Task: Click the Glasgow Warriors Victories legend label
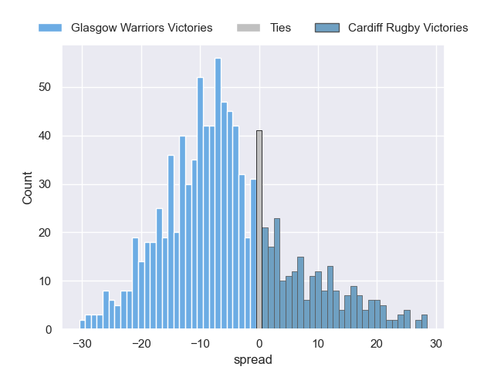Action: tap(141, 28)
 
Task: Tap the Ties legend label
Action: tap(281, 28)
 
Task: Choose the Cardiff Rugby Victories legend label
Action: tap(408, 28)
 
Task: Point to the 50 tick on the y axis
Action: tap(46, 88)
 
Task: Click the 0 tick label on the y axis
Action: tap(49, 330)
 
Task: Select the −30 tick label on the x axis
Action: tap(82, 345)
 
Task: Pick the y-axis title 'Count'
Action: tap(28, 188)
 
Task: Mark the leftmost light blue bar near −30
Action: tap(82, 325)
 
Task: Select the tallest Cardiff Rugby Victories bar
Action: tap(277, 274)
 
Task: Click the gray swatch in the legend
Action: tap(250, 28)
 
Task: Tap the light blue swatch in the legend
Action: tap(50, 28)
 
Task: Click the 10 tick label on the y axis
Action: tap(46, 281)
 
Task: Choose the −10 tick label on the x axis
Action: tap(200, 345)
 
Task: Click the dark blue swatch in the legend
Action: tap(327, 28)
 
